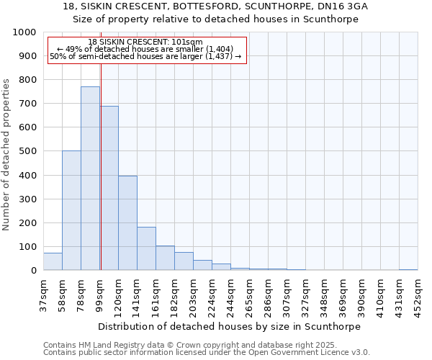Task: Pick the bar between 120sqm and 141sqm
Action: tap(127, 223)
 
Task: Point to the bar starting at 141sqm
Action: tap(146, 248)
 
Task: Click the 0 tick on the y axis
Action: tap(33, 271)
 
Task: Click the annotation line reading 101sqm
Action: tap(147, 42)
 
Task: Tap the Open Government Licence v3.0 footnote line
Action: tap(206, 353)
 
